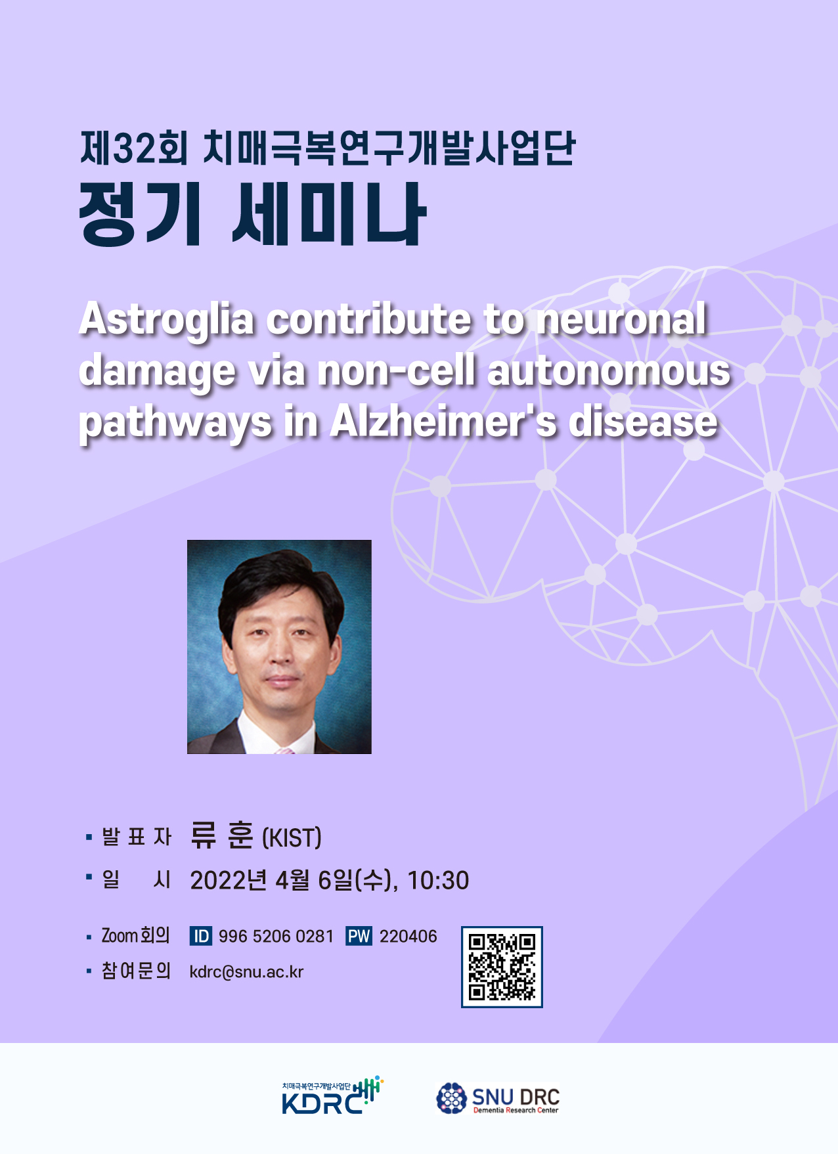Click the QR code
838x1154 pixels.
[502, 967]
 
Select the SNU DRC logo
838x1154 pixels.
[498, 1098]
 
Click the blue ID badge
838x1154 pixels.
[200, 936]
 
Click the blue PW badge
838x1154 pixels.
[359, 936]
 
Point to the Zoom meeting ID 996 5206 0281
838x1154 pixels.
[276, 937]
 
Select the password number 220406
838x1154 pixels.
[408, 937]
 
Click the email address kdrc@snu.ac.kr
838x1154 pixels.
[246, 972]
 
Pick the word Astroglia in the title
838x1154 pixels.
[166, 320]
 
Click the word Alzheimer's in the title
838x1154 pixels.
[443, 421]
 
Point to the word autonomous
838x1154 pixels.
[609, 371]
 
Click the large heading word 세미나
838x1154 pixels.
[329, 215]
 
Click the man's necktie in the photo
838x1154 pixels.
[284, 750]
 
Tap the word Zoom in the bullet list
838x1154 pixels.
[120, 935]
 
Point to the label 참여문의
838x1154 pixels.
[136, 971]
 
